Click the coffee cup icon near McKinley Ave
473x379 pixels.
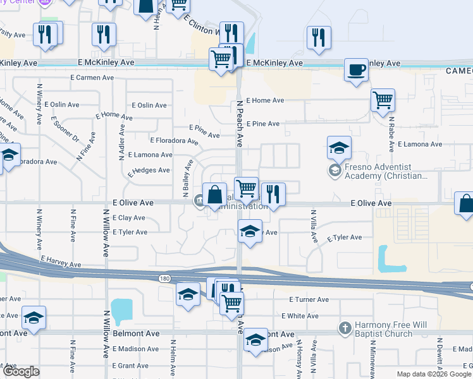tap(357, 69)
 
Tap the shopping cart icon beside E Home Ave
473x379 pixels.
tap(383, 100)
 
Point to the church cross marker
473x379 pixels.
tap(345, 328)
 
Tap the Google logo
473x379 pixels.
tap(21, 371)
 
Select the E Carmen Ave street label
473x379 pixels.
tap(92, 78)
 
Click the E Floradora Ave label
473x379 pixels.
tap(175, 140)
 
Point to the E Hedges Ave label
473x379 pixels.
tap(149, 171)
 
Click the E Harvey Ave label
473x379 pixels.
tap(61, 261)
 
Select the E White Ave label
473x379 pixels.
tap(300, 316)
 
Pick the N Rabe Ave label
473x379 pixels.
tap(391, 132)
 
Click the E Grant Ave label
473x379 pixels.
tap(130, 366)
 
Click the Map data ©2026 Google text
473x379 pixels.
tap(433, 374)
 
